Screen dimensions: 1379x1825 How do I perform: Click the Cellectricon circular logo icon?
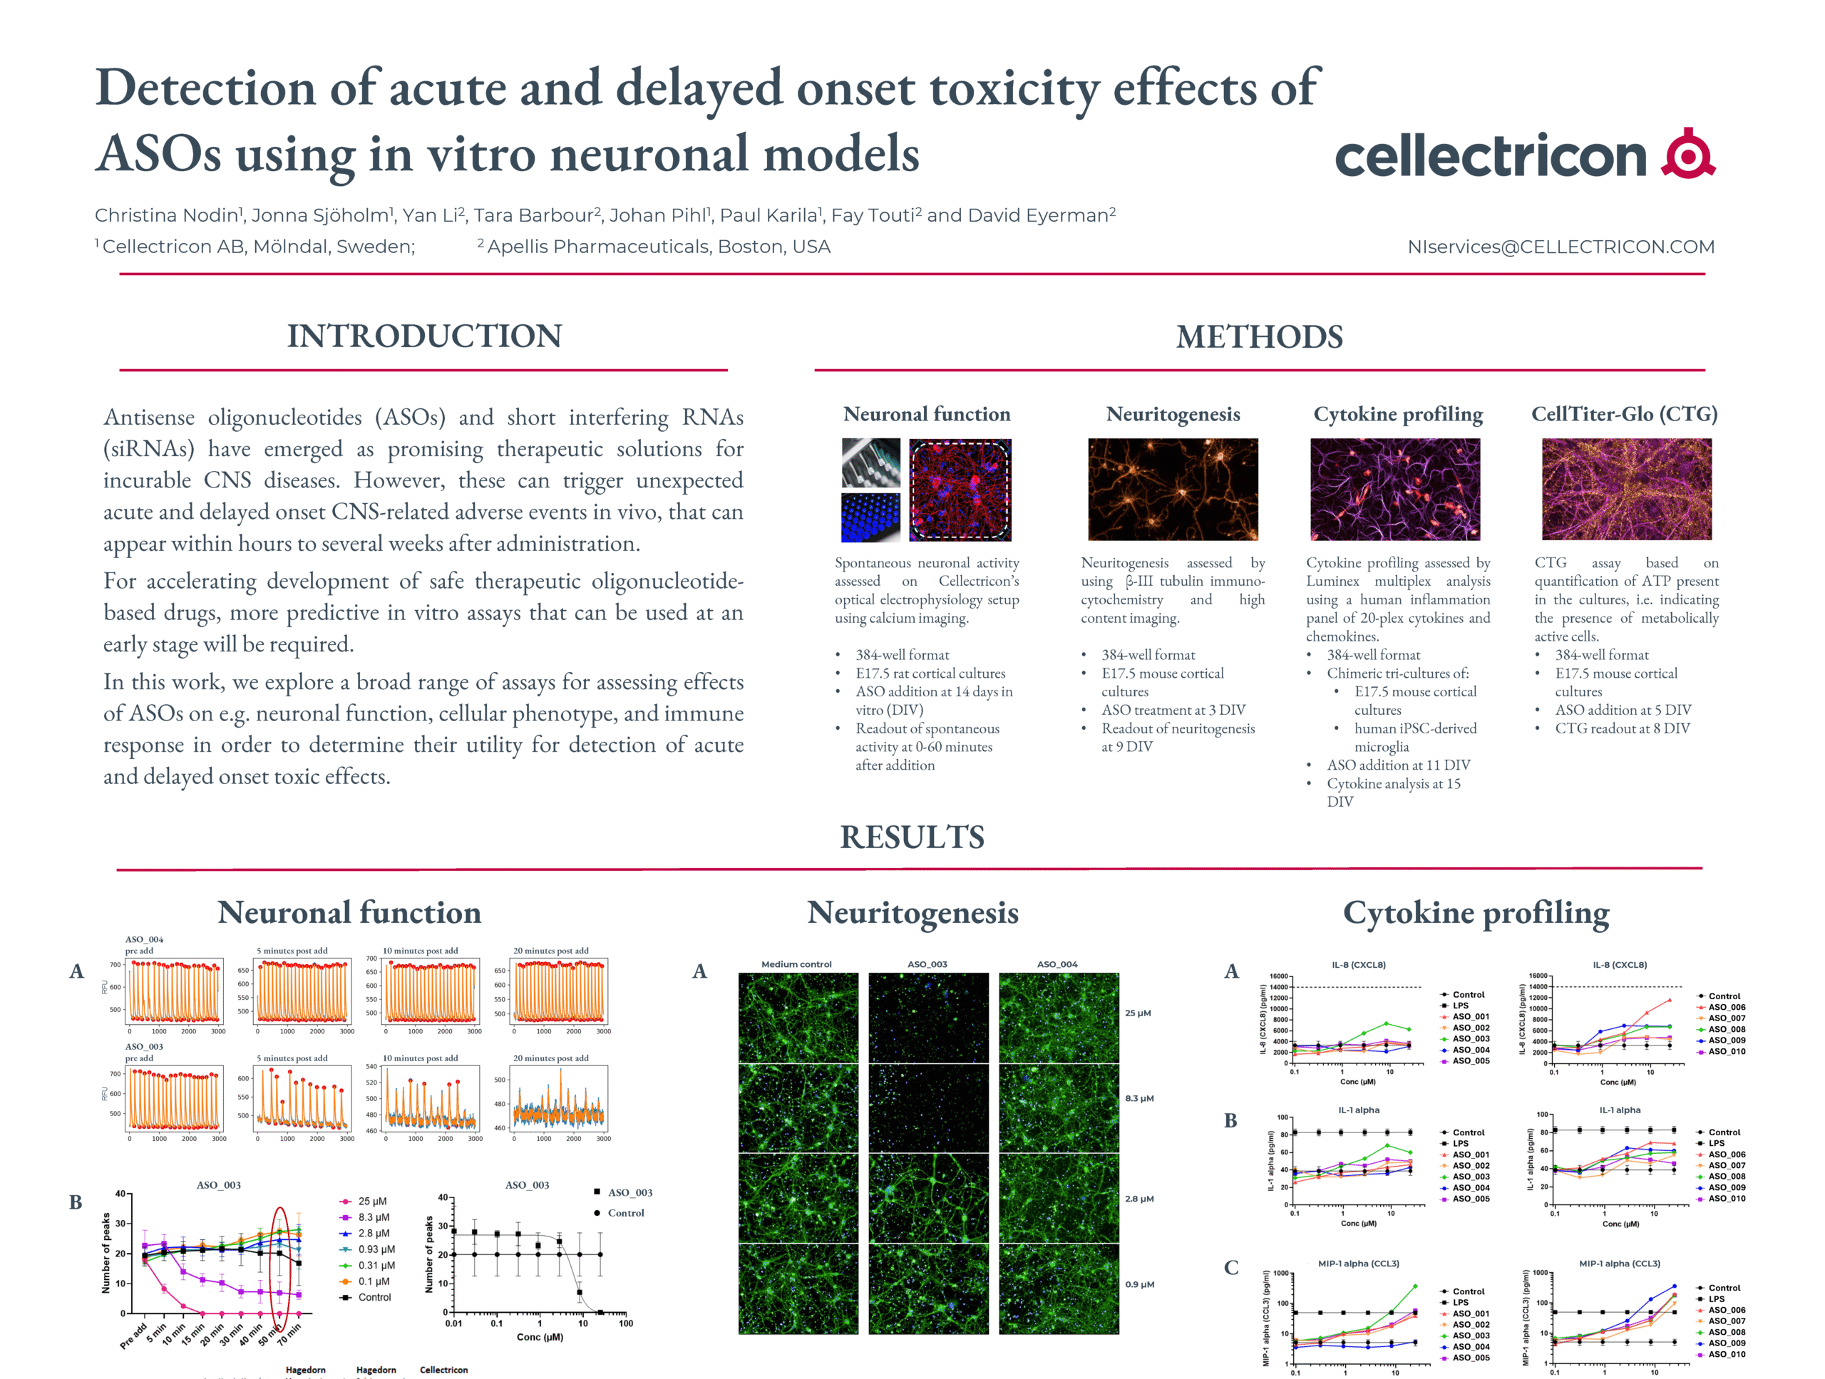[x=1688, y=154]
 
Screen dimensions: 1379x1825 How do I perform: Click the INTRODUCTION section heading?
[x=424, y=336]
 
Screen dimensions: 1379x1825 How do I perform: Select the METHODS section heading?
[x=1259, y=336]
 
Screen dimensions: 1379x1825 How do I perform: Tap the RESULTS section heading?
[x=912, y=837]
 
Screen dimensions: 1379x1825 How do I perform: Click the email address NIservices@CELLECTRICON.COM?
[x=1560, y=247]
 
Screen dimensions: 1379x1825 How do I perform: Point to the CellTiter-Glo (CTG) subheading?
[x=1624, y=414]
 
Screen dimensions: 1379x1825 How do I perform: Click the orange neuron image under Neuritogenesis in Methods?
[x=1173, y=489]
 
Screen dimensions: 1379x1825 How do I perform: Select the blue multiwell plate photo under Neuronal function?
[x=870, y=517]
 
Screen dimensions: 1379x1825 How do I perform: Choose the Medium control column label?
[x=796, y=964]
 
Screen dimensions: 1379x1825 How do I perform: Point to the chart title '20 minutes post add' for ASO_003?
[x=550, y=1058]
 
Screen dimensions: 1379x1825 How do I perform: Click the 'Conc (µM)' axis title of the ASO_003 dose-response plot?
[x=540, y=1337]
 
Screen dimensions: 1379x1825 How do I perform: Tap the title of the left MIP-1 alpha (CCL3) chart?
[x=1358, y=1264]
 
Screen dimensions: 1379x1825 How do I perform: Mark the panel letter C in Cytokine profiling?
[x=1231, y=1268]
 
